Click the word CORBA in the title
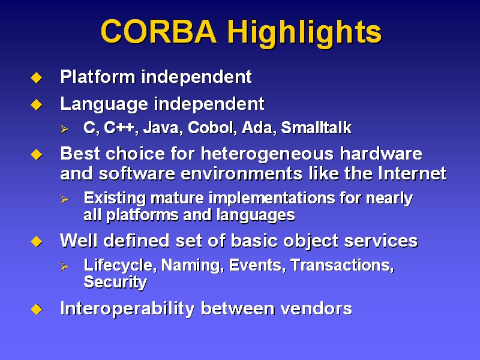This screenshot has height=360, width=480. tap(158, 31)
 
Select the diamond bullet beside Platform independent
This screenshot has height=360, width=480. tap(37, 77)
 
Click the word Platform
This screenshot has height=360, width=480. tap(98, 77)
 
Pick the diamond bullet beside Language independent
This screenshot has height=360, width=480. tap(37, 104)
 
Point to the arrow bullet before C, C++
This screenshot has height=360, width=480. tap(64, 129)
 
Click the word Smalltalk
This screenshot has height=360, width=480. tap(316, 128)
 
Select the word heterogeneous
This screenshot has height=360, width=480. tap(267, 154)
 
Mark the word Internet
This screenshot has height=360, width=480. tap(412, 173)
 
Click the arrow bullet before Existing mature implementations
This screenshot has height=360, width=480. tap(64, 199)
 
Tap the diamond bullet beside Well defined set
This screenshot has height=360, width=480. tap(37, 242)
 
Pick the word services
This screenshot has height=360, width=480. tap(381, 241)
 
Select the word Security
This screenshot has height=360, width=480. tap(115, 283)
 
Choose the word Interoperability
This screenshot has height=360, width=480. tap(127, 309)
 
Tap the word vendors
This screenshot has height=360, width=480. tap(316, 308)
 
